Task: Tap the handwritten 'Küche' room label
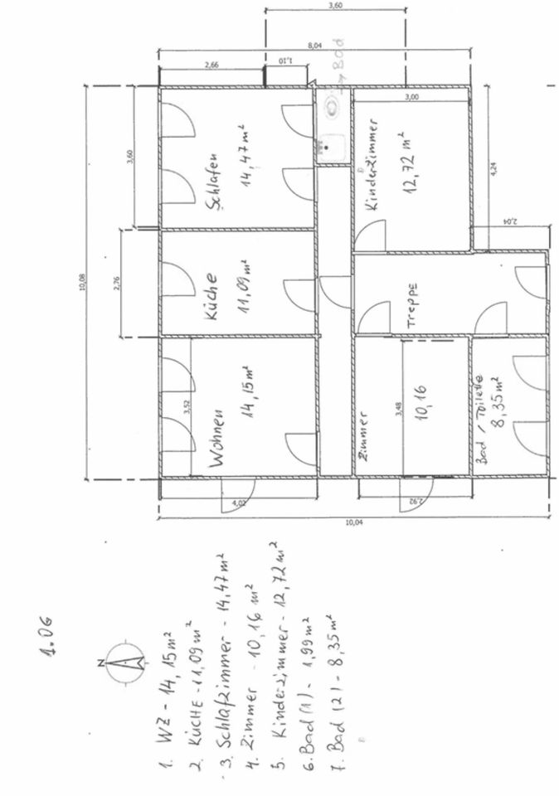pyautogui.click(x=211, y=296)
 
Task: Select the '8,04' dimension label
pyautogui.click(x=314, y=47)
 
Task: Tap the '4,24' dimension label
pyautogui.click(x=494, y=166)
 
